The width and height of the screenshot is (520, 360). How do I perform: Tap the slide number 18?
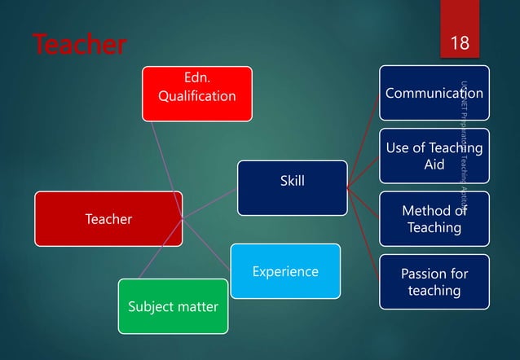point(460,42)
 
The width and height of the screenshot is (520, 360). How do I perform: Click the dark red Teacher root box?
point(108,218)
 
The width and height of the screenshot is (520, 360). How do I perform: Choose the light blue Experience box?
point(284,271)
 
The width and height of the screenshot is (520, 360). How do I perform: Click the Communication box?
point(434,93)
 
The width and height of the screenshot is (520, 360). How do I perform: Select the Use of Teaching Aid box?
point(434,156)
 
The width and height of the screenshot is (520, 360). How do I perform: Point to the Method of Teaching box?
point(434,219)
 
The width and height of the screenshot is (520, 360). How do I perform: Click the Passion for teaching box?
point(434,282)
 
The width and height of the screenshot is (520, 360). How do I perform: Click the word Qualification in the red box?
point(196,96)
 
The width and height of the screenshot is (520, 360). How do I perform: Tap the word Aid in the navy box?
point(434,164)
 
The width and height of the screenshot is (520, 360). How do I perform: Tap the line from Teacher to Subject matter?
point(160,250)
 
